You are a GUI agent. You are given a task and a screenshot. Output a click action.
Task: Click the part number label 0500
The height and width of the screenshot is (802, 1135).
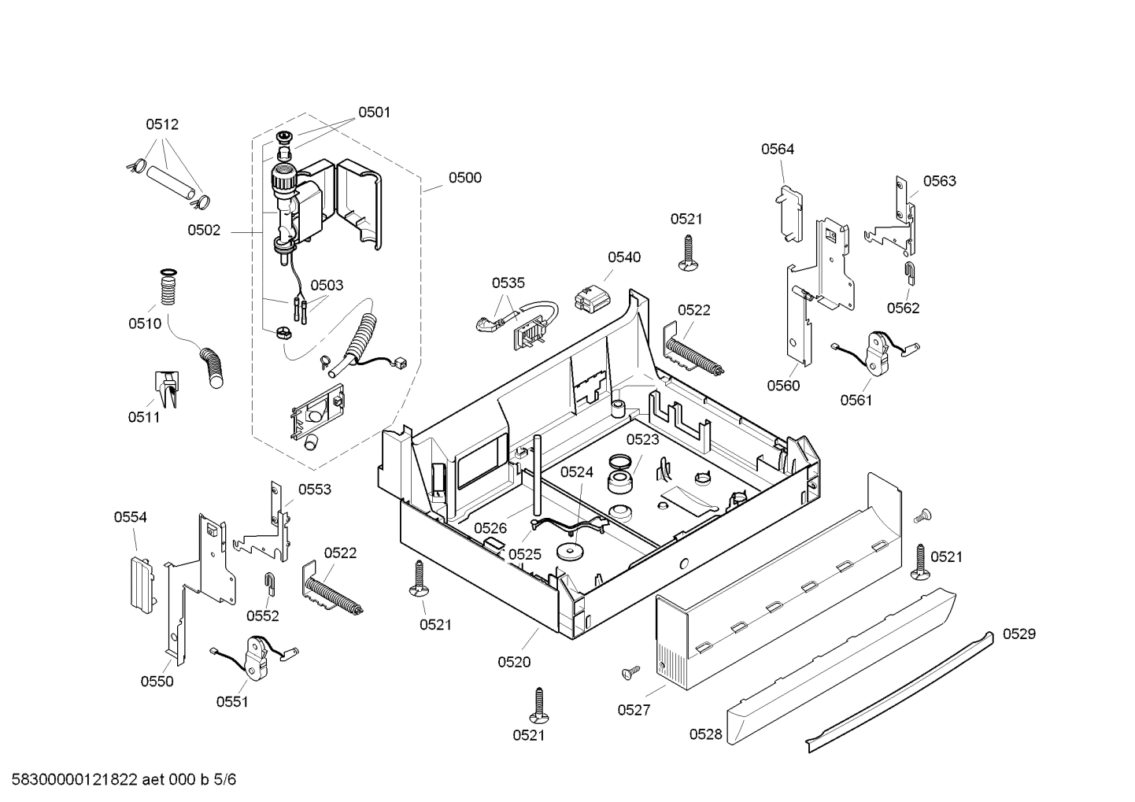pos(464,178)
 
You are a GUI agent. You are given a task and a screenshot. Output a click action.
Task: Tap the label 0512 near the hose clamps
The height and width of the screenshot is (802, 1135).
pos(162,124)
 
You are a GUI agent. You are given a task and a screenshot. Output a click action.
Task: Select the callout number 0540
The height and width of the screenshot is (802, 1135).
pos(623,257)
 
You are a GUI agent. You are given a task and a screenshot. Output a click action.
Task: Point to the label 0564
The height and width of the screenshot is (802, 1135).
pos(777,150)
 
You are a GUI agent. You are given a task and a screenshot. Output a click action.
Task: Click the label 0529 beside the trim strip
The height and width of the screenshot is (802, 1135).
pos(1019,634)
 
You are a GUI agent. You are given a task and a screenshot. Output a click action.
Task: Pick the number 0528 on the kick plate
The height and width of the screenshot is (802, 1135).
pos(705,734)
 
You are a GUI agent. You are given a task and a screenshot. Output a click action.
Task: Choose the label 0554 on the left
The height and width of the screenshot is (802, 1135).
pos(130,517)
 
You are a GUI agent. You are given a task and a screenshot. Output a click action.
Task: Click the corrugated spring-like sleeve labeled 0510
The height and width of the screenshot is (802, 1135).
pos(167,289)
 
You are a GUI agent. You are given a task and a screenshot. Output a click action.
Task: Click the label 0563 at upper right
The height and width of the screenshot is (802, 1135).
pos(939,182)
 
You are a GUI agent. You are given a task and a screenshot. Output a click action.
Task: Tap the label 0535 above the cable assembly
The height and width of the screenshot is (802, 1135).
pos(508,283)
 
